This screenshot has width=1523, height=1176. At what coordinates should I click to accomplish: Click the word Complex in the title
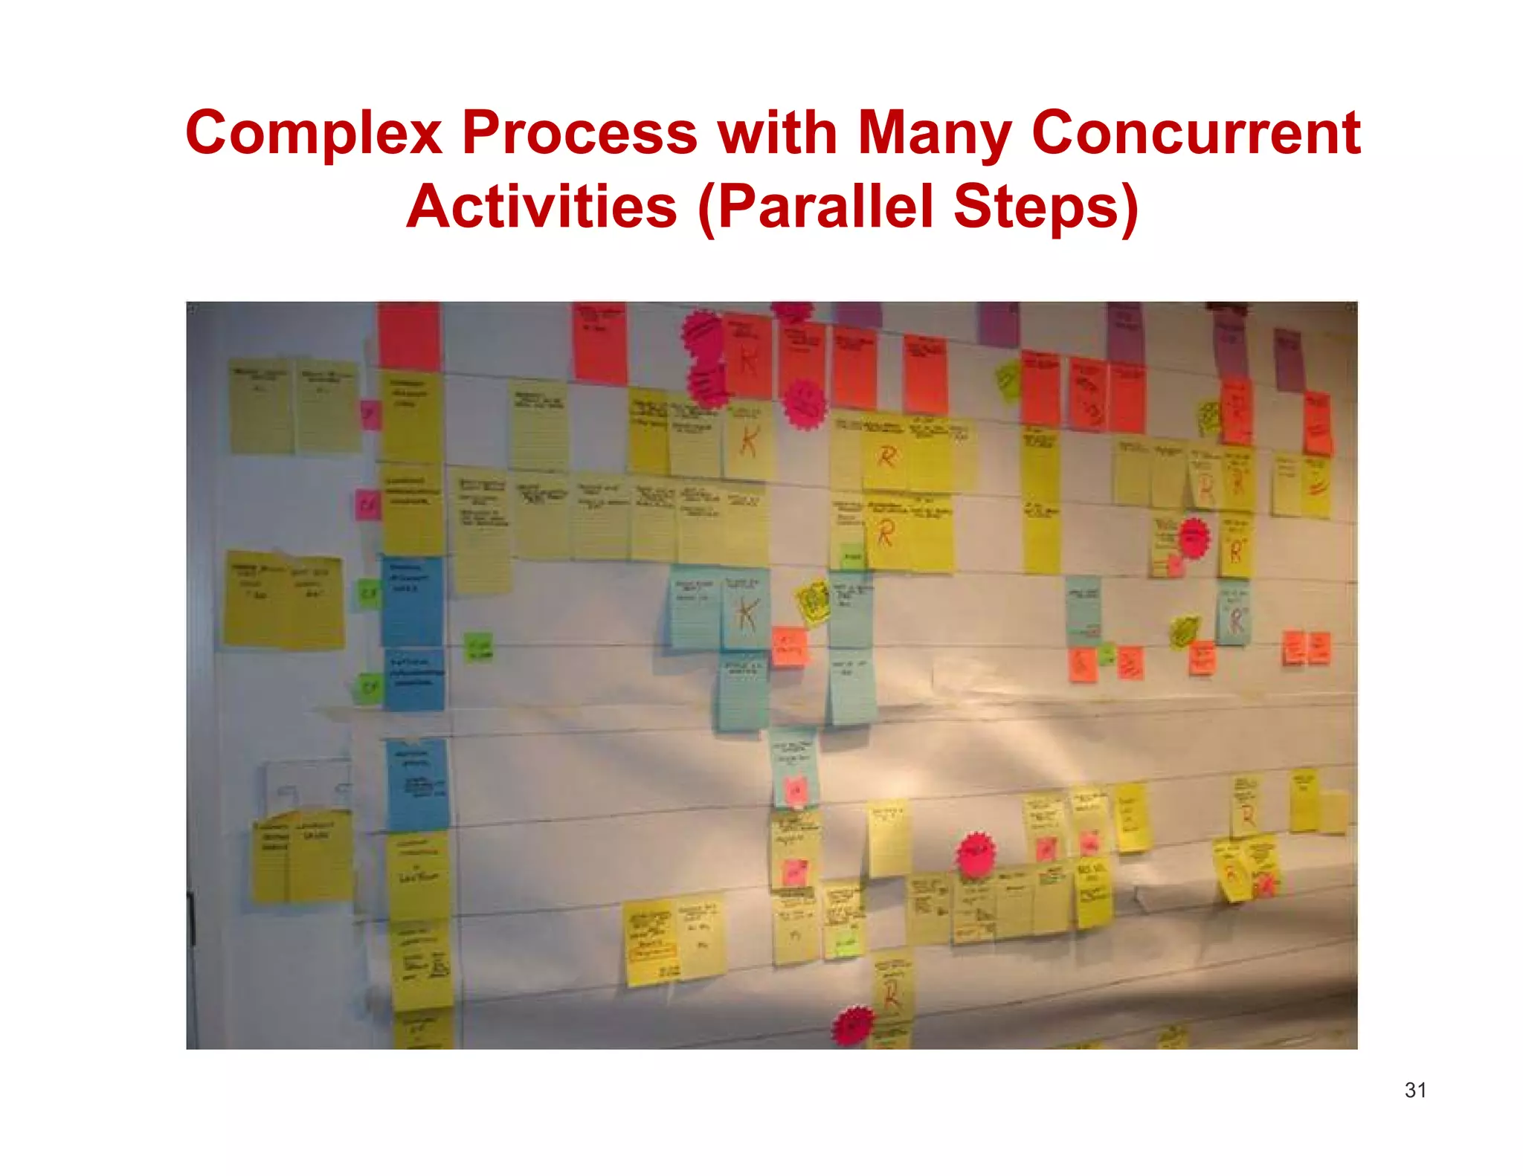point(313,134)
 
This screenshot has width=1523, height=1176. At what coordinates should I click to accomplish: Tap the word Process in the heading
point(579,134)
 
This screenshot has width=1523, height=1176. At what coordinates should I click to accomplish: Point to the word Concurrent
point(1196,134)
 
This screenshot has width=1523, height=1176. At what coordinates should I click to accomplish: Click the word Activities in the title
point(541,207)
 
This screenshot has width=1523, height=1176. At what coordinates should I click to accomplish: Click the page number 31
point(1415,1091)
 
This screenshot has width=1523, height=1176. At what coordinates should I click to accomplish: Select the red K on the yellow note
point(749,442)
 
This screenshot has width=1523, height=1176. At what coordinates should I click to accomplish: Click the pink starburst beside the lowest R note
point(853,1026)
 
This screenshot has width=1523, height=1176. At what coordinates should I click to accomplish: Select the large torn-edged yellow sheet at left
point(283,599)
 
